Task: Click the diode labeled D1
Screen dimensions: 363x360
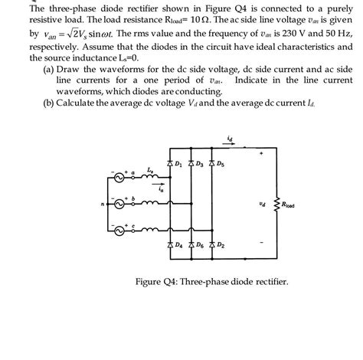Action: (x=169, y=164)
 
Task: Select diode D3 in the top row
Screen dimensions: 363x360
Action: (x=191, y=164)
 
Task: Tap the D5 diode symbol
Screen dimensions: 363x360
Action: (x=212, y=164)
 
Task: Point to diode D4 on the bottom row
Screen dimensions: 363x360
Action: (x=169, y=245)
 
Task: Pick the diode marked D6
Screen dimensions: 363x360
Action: (x=191, y=245)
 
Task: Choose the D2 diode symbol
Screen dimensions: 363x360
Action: (x=212, y=245)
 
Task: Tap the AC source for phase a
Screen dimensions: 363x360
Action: (x=119, y=178)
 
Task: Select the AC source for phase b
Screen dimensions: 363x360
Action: (x=119, y=204)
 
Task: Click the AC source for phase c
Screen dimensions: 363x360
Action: (x=119, y=230)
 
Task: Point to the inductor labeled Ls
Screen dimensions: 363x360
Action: (x=151, y=177)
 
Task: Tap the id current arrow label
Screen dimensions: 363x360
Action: (x=230, y=137)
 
